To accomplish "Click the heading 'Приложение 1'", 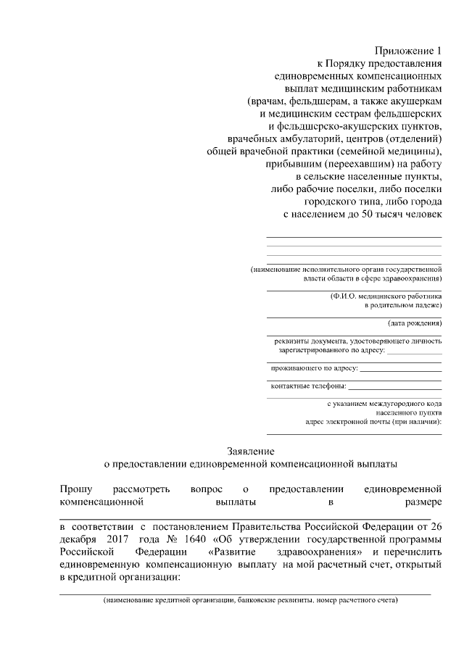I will (x=407, y=51).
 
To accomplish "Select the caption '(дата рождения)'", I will (x=415, y=323).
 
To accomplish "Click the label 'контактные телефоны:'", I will (x=308, y=385).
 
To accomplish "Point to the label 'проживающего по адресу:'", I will (x=314, y=368).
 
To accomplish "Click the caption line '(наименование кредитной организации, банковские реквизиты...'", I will (x=250, y=600).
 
